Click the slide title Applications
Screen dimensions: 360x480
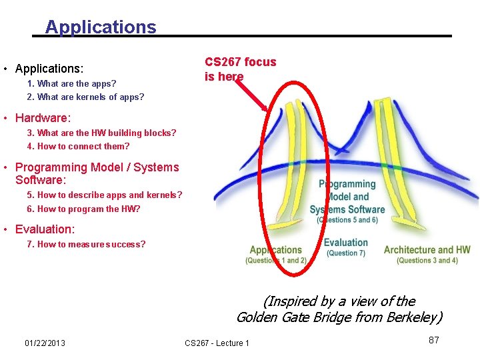click(101, 27)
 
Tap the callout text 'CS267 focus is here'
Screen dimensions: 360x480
click(240, 69)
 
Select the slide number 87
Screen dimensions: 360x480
click(433, 340)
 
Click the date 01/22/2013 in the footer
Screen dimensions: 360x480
click(45, 343)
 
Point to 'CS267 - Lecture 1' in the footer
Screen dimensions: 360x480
click(217, 343)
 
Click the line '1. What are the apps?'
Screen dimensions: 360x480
click(71, 83)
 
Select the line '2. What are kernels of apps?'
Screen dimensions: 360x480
click(85, 97)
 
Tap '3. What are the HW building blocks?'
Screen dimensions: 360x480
click(101, 133)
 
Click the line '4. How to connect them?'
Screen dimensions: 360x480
click(78, 146)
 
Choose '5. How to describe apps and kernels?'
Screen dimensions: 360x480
click(104, 195)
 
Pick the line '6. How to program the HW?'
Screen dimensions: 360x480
click(83, 209)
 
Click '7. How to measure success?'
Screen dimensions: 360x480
click(86, 244)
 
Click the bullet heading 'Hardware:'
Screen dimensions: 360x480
click(43, 118)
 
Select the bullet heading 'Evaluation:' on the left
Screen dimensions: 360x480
click(45, 229)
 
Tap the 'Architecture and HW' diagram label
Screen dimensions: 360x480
click(427, 250)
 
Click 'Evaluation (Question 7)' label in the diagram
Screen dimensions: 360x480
click(345, 247)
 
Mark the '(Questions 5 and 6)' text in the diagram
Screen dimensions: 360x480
click(347, 219)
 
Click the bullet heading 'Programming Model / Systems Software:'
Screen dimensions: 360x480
click(97, 173)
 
